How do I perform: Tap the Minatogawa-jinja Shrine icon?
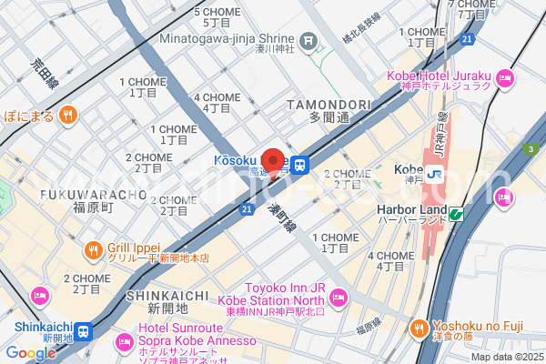(x=309, y=40)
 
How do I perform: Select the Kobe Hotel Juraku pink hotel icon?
(x=506, y=84)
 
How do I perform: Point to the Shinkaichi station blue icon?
(x=83, y=331)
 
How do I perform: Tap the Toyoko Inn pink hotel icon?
(x=338, y=296)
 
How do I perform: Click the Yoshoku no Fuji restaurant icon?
(x=419, y=327)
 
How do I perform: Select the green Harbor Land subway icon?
(x=455, y=215)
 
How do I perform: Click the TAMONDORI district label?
(x=328, y=106)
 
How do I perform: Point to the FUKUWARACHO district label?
(x=93, y=194)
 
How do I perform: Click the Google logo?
(x=30, y=353)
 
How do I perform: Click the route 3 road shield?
(x=528, y=148)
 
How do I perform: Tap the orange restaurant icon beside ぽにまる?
(x=67, y=115)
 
